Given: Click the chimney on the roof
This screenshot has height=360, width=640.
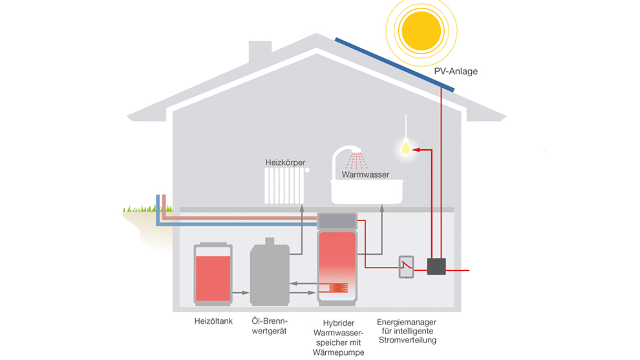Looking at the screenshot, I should click(x=260, y=52).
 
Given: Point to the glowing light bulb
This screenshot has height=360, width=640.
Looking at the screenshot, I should click(x=405, y=149).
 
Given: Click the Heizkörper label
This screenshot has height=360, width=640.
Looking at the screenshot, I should click(x=285, y=162).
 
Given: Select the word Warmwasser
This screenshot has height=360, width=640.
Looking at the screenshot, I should click(x=365, y=175).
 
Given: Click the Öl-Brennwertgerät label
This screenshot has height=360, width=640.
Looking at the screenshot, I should click(x=271, y=326).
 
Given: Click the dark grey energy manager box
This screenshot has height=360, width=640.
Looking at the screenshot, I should click(x=436, y=266).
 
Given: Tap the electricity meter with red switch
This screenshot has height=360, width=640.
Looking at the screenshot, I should click(x=406, y=267).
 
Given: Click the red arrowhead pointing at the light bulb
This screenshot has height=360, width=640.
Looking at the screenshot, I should click(x=417, y=150).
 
